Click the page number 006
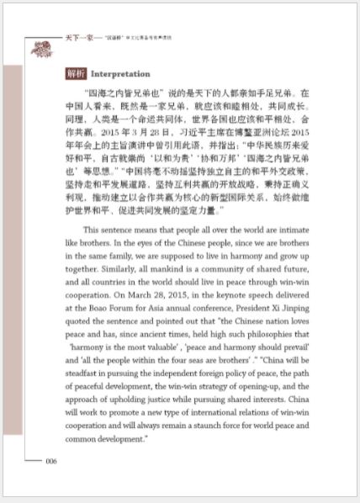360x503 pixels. [50, 460]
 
